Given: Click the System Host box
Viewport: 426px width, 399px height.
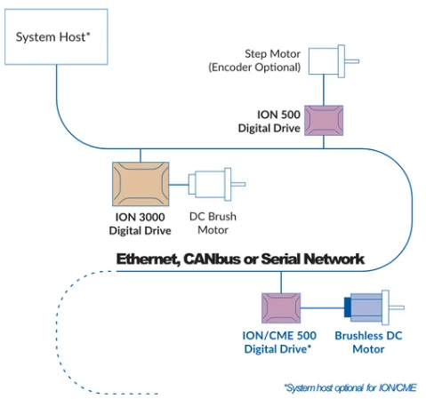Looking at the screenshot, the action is [56, 36].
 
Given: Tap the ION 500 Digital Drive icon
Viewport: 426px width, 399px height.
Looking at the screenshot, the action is [324, 120].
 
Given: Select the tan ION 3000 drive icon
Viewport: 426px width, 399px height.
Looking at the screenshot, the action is [141, 184].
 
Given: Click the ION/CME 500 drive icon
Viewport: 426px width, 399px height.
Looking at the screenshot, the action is [281, 308].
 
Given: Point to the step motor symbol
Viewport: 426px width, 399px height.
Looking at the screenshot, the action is [334, 61].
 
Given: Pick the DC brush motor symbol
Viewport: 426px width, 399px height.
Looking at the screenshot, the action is [217, 185].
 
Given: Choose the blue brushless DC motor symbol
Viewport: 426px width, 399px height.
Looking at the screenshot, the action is [374, 307].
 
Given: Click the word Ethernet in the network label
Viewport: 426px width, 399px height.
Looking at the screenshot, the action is [149, 259].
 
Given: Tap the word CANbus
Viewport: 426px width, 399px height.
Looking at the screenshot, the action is [212, 259].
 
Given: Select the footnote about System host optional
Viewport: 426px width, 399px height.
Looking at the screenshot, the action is [350, 387].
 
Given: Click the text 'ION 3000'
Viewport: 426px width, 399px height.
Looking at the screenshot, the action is [140, 217].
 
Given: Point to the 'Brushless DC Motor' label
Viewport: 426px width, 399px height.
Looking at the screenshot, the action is [368, 342].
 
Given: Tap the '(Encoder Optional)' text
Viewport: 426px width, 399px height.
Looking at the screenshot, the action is [254, 68].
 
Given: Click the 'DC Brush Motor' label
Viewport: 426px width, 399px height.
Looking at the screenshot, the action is [213, 223].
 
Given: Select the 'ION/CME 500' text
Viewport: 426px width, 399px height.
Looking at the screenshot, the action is [279, 336].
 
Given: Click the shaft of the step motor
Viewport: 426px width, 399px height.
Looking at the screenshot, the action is [352, 61].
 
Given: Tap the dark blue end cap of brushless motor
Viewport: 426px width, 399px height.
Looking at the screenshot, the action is [347, 307].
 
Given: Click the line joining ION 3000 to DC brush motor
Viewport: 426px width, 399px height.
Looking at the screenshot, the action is [179, 185].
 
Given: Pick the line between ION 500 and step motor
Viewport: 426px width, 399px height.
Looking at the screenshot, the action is [324, 90].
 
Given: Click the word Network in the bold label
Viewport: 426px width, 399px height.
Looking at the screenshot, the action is [334, 259].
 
